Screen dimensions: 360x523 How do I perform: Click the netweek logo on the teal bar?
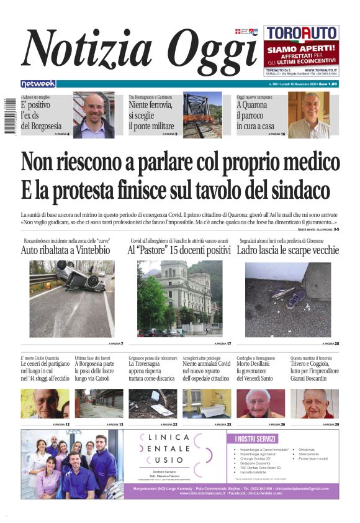pos(38,84)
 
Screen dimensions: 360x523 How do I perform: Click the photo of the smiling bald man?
pos(94,115)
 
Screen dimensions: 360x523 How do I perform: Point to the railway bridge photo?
pos(202,116)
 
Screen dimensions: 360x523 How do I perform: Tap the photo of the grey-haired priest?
pos(309,116)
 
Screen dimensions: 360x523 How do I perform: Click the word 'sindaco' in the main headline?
pos(294,189)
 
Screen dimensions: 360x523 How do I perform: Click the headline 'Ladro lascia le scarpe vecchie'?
pos(288,250)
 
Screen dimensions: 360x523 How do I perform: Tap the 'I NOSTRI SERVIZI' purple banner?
pos(258,439)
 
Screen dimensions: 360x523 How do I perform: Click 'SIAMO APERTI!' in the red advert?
pos(301,47)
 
